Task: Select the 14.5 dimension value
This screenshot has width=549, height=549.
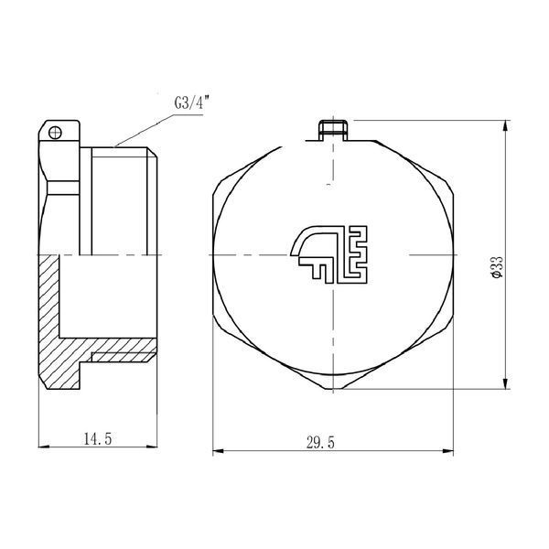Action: click(x=98, y=438)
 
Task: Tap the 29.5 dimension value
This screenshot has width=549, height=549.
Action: click(x=320, y=443)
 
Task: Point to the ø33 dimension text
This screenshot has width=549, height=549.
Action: click(x=497, y=267)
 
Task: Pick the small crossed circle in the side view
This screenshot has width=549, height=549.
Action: click(x=55, y=133)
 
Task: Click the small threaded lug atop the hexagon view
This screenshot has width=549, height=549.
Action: click(x=333, y=130)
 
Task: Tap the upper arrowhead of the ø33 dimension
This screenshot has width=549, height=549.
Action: click(x=506, y=126)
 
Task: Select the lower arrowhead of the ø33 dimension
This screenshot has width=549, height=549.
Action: click(x=506, y=383)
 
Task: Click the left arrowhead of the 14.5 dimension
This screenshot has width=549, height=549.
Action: click(x=44, y=447)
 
